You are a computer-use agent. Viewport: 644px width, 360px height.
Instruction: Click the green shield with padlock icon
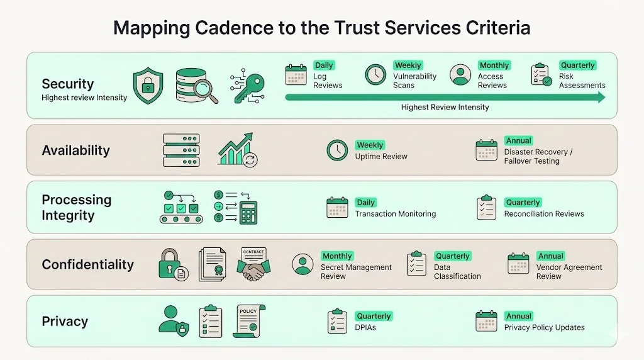tap(148, 86)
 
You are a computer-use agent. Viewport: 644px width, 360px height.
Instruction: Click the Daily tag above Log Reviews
tap(324, 65)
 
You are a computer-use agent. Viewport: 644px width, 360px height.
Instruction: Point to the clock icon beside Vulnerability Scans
tap(375, 75)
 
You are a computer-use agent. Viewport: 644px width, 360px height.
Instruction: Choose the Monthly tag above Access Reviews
tap(494, 65)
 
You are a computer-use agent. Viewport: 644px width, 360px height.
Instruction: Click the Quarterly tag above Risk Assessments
tap(577, 65)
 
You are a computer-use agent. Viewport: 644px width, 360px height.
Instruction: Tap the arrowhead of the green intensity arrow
tap(601, 98)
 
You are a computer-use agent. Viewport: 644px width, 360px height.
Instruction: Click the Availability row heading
tap(75, 150)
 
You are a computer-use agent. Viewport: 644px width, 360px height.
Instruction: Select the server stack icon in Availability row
tap(181, 150)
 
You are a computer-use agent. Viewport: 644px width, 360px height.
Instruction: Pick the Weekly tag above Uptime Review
tap(370, 145)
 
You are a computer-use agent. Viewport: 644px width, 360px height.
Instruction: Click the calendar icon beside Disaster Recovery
tap(486, 150)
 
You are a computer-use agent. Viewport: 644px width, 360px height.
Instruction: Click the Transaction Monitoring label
tap(395, 214)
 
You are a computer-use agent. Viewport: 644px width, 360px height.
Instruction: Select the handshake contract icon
tap(253, 265)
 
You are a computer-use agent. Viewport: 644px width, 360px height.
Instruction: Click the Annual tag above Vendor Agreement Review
tap(550, 256)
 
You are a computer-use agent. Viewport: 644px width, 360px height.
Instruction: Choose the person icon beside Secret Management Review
tap(303, 264)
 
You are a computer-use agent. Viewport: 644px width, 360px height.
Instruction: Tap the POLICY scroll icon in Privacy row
tap(250, 321)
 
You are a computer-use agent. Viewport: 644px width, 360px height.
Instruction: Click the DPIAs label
tap(365, 327)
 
